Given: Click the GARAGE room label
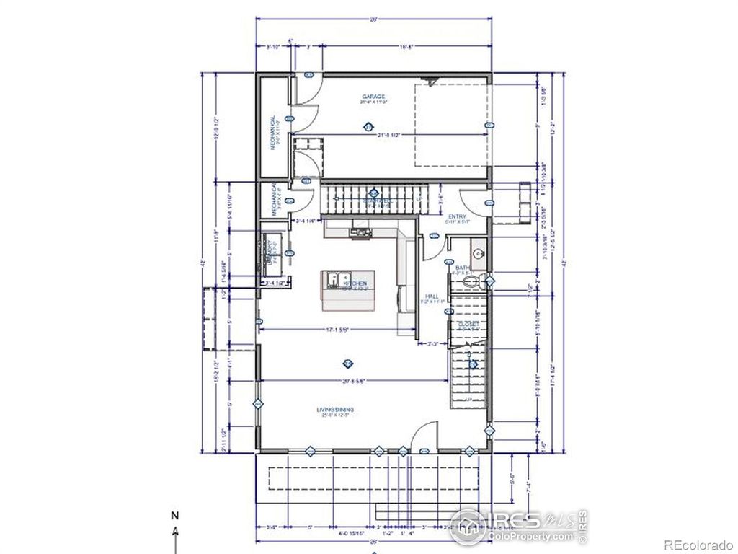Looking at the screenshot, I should point(373,97).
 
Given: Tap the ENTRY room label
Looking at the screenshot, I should point(457,216).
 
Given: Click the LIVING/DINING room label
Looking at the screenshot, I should point(334,410).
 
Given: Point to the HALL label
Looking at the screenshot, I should point(432,296).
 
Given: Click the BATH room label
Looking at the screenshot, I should point(462,268).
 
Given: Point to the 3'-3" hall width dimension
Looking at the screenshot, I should point(432,344).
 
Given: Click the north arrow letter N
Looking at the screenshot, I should point(174,516).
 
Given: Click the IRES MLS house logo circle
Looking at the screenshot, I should point(468,526).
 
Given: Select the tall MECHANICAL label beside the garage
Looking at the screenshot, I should point(273,132).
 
